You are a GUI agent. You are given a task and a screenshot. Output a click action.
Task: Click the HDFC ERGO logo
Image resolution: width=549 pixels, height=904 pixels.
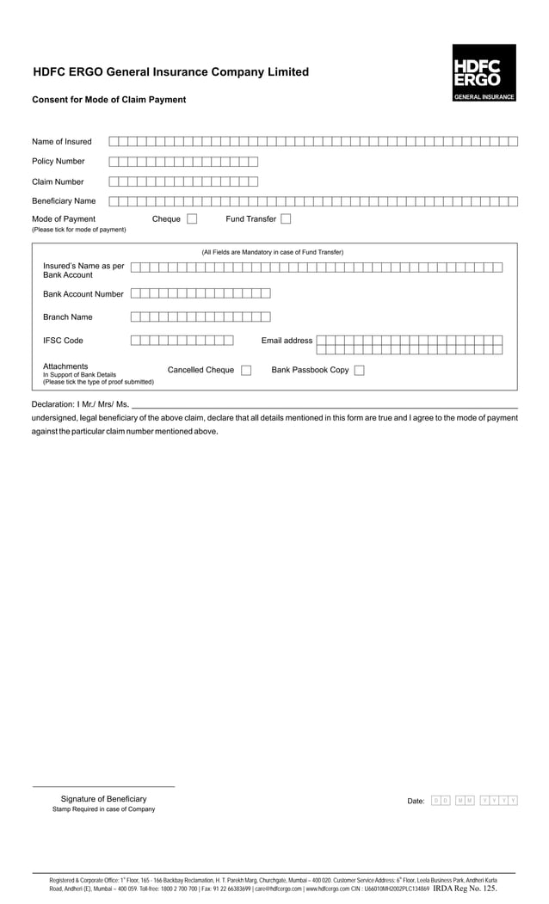click(484, 73)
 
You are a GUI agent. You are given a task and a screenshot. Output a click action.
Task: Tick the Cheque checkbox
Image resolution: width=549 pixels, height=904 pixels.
click(192, 219)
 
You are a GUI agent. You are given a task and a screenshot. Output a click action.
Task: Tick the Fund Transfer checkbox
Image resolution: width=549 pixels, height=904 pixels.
click(286, 219)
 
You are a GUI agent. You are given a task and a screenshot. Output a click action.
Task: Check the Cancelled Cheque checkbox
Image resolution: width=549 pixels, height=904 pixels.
click(246, 371)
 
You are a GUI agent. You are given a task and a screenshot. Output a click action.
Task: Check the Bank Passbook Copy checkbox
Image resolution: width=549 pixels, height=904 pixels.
click(360, 371)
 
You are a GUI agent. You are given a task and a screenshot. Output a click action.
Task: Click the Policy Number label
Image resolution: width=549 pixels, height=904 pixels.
click(59, 162)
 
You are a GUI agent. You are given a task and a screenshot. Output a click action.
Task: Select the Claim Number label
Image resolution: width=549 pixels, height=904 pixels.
click(58, 181)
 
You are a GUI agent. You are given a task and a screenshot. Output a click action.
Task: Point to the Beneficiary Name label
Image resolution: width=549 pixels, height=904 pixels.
click(64, 201)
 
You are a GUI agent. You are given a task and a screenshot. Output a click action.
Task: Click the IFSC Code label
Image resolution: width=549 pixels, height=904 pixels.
click(63, 341)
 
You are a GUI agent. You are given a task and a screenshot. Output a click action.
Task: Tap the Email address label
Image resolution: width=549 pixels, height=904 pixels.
click(287, 341)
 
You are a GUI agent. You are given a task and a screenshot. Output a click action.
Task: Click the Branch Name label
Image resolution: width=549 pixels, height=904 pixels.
click(68, 317)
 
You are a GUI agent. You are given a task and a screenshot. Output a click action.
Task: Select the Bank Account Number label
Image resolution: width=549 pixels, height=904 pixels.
click(83, 294)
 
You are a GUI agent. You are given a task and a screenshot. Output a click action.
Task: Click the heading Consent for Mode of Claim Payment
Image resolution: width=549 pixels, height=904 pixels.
click(108, 100)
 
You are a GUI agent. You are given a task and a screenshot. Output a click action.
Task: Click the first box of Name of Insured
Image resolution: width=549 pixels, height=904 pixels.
click(114, 141)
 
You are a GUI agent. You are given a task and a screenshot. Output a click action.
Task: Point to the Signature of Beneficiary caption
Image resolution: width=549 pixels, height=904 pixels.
click(103, 799)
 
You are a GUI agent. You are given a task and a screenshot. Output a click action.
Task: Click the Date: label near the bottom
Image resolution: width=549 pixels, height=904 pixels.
click(416, 802)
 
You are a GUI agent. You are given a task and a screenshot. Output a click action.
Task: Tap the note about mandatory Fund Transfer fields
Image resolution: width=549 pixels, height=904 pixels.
click(272, 252)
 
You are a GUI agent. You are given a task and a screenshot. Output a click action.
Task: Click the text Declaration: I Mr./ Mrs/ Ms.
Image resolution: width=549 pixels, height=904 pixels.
click(80, 404)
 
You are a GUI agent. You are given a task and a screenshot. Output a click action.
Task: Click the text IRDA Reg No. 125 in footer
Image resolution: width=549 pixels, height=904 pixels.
click(464, 889)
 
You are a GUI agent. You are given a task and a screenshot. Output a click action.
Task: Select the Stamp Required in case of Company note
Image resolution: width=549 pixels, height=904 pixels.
click(103, 809)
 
